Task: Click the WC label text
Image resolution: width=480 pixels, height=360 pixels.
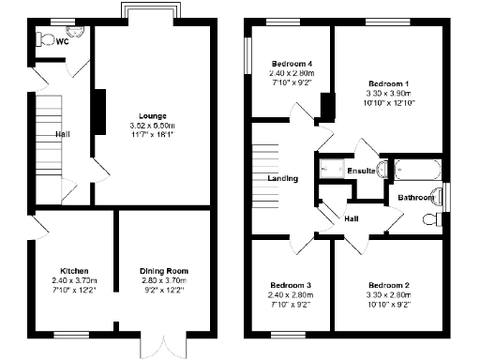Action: pyautogui.click(x=61, y=41)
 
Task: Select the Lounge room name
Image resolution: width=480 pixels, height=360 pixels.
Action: pyautogui.click(x=152, y=115)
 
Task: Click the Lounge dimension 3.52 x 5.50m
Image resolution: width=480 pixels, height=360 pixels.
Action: pyautogui.click(x=152, y=126)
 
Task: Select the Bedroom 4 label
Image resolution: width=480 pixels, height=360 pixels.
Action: pyautogui.click(x=288, y=63)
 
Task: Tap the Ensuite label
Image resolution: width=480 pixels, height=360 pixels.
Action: pyautogui.click(x=361, y=171)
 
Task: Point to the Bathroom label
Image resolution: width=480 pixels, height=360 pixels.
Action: pyautogui.click(x=414, y=198)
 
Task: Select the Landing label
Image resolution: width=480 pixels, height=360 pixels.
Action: pyautogui.click(x=282, y=178)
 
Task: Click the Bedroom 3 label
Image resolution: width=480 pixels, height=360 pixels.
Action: pyautogui.click(x=290, y=285)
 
